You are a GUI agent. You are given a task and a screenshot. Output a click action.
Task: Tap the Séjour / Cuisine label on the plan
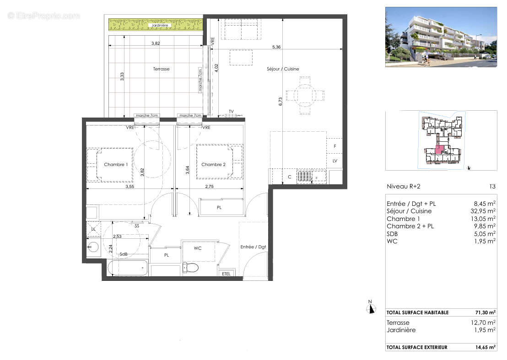pos(283,69)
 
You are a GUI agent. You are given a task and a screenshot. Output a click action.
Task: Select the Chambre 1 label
pos(116,165)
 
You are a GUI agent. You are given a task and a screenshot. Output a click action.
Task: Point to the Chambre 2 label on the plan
pos(213,165)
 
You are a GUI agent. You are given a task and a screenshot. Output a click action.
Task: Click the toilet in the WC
pos(190,267)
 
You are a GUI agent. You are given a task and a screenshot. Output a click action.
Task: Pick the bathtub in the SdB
pos(128,268)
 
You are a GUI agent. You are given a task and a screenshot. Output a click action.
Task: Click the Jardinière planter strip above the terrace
pos(156,24)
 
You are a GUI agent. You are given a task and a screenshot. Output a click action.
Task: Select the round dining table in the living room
pos(305,95)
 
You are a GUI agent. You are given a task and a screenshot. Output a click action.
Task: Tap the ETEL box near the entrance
pos(226,274)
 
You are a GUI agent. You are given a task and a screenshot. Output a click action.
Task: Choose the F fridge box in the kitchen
pos(335,146)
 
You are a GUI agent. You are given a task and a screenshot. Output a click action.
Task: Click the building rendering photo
pos(441,37)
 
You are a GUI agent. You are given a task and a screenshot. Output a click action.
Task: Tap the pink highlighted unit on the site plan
pos(438,149)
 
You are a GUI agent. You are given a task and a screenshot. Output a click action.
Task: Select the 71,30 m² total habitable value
pos(485,312)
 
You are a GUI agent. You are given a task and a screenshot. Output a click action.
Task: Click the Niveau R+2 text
pos(403,187)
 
